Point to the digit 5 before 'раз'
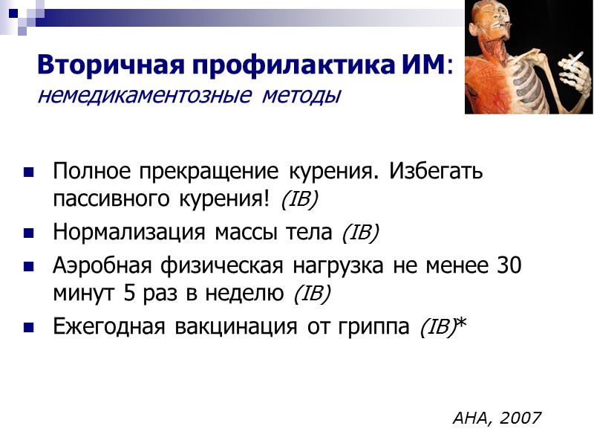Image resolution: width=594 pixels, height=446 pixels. click(129, 293)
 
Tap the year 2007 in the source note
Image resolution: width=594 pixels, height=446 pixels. click(521, 418)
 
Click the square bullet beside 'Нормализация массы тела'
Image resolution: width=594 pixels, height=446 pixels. click(28, 233)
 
